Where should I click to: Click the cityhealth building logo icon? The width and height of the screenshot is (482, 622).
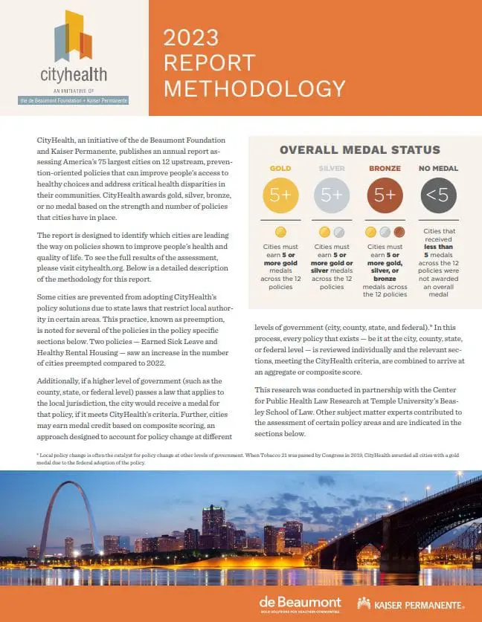coord(74,37)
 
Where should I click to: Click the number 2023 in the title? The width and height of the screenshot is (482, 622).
coord(191,37)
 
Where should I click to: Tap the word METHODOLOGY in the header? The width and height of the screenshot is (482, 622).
coord(254,88)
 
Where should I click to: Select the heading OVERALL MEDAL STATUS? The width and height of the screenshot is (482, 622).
coord(360,150)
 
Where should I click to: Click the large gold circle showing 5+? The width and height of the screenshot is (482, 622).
coord(280,195)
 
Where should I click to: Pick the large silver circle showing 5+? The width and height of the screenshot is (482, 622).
coord(332,195)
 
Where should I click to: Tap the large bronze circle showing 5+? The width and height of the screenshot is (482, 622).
coord(386,195)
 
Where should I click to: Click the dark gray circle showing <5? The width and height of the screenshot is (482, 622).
coord(438,195)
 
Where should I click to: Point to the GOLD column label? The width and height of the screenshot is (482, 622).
coord(280,168)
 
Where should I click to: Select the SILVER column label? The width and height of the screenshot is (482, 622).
coord(332,168)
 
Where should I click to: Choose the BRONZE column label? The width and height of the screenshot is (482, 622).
coord(386,168)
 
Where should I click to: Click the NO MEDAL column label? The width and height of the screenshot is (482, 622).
coord(438,168)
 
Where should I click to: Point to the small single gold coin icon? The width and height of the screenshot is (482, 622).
coord(280,232)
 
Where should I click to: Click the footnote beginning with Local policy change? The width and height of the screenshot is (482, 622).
coord(223,458)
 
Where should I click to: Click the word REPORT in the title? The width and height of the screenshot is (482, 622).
coord(209,62)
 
